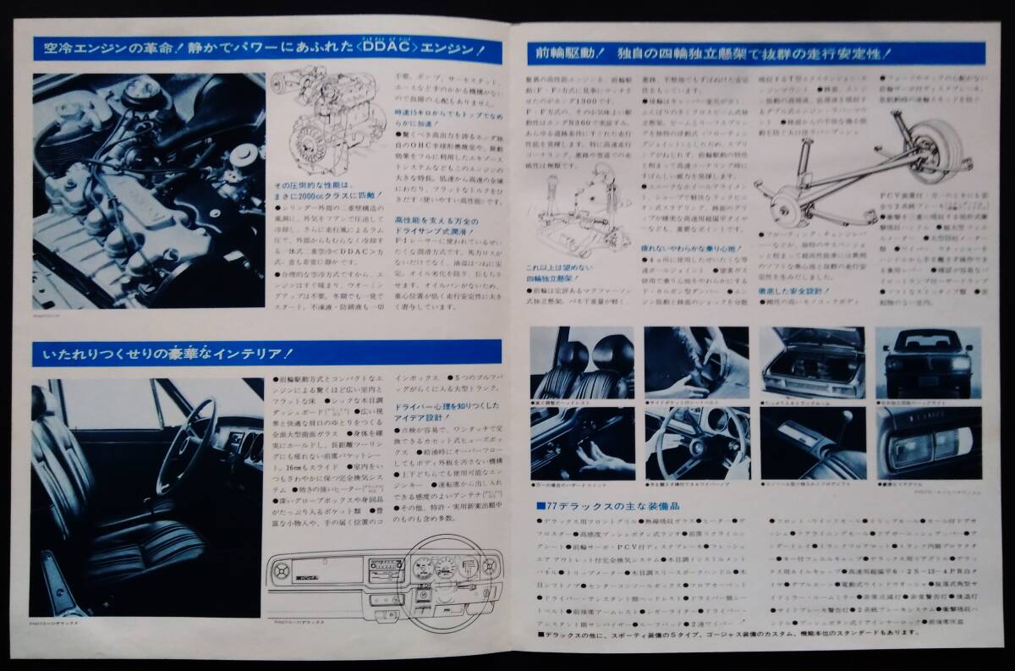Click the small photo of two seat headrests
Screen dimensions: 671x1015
pyautogui.click(x=582, y=361)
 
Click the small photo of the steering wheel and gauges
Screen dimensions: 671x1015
pyautogui.click(x=696, y=443)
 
